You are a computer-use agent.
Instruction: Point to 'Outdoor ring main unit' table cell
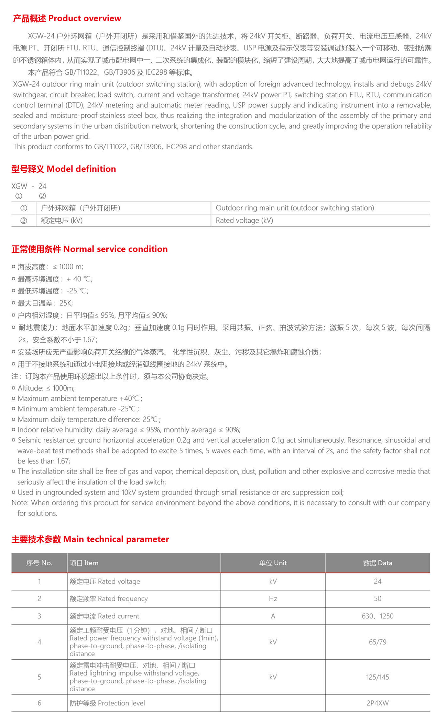(295, 208)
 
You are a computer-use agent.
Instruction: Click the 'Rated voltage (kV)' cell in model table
(244, 220)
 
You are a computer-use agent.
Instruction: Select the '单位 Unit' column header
(273, 563)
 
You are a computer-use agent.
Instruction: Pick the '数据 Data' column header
(377, 563)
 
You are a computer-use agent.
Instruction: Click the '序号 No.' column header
(39, 563)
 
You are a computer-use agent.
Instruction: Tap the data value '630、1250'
(377, 616)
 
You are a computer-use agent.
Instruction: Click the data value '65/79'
(377, 642)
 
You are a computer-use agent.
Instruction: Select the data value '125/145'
(377, 677)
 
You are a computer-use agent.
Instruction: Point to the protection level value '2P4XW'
(377, 703)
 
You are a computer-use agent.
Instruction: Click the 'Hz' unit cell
(273, 598)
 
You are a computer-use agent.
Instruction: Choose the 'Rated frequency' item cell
(109, 598)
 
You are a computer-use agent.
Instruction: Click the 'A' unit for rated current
(273, 616)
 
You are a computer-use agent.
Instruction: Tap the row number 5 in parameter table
(39, 677)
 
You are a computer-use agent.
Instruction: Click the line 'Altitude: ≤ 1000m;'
(46, 388)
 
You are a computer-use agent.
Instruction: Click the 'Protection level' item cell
(107, 703)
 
